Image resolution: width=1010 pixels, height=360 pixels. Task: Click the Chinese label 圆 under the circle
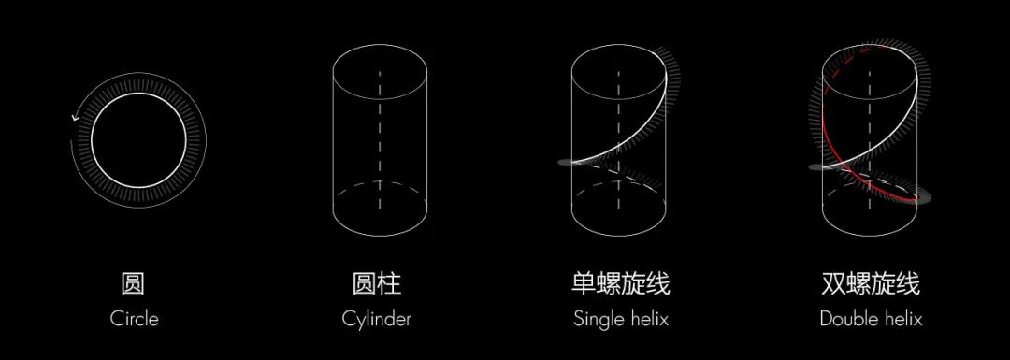coord(134,283)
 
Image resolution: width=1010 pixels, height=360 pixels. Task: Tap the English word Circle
coord(135,318)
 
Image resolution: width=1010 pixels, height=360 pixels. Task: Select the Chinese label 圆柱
coord(377,283)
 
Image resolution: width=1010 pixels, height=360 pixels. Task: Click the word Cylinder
coord(377,319)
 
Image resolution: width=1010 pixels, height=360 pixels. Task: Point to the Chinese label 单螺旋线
coord(621,283)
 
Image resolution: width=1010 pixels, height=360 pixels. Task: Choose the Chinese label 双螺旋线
coord(871,283)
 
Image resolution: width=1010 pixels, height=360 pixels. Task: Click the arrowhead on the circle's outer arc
coord(74,118)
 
